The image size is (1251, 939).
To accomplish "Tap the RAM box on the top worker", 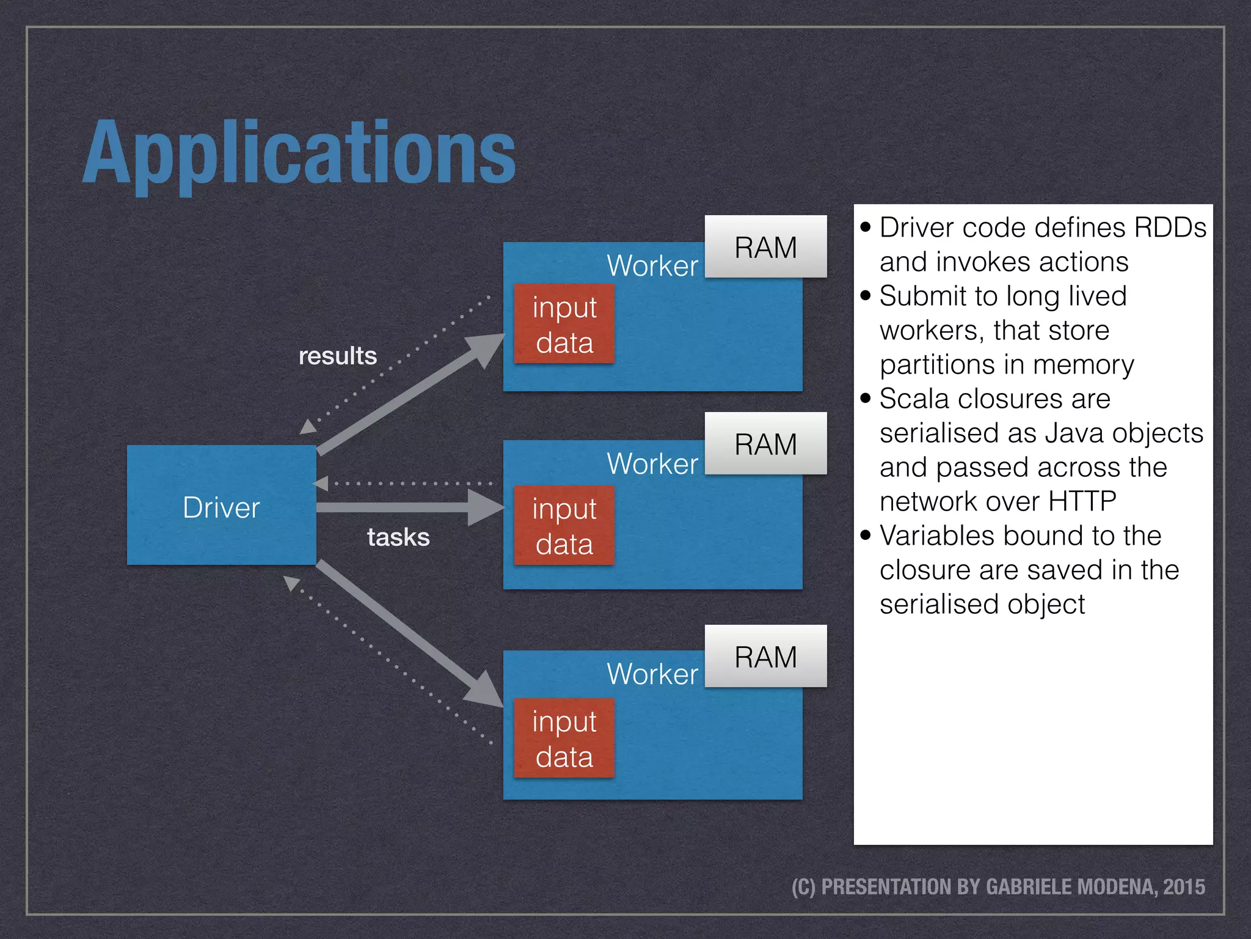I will [x=765, y=247].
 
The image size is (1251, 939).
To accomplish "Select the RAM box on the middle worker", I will [x=765, y=444].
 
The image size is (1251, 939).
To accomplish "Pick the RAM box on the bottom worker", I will [x=765, y=657].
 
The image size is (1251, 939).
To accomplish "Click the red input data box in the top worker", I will [x=564, y=324].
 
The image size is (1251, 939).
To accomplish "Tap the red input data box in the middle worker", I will [x=564, y=525].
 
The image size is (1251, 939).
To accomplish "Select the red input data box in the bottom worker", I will [x=564, y=738].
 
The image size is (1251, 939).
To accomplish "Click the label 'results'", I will [x=337, y=356].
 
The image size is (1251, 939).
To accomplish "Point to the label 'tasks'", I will [x=398, y=537].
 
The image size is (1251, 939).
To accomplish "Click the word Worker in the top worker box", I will [x=652, y=266].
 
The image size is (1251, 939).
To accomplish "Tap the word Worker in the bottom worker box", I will [x=652, y=674].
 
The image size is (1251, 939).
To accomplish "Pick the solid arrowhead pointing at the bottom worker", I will [x=484, y=689].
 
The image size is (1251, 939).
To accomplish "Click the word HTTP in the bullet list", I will [x=1082, y=501].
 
